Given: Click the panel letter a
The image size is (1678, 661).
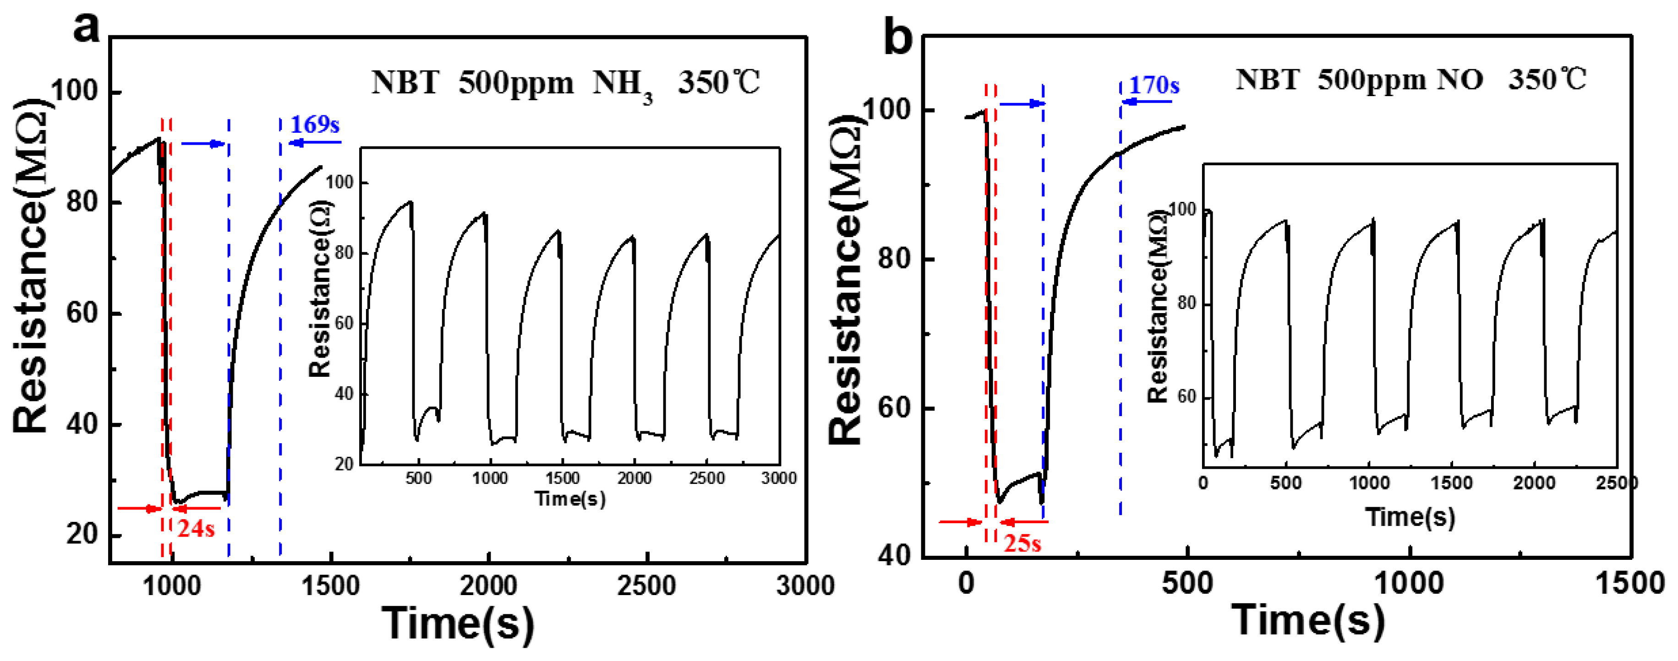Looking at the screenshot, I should [86, 27].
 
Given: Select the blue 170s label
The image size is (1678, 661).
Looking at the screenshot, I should [1153, 85].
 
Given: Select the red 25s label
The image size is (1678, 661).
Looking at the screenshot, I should [1022, 543].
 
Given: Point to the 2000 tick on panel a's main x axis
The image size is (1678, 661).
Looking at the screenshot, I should [488, 585].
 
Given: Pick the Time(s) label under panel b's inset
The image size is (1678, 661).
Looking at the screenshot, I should [1410, 517].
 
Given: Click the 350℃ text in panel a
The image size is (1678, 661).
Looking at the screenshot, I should [718, 83].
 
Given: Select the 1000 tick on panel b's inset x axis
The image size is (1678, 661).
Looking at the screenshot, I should [1369, 483].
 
